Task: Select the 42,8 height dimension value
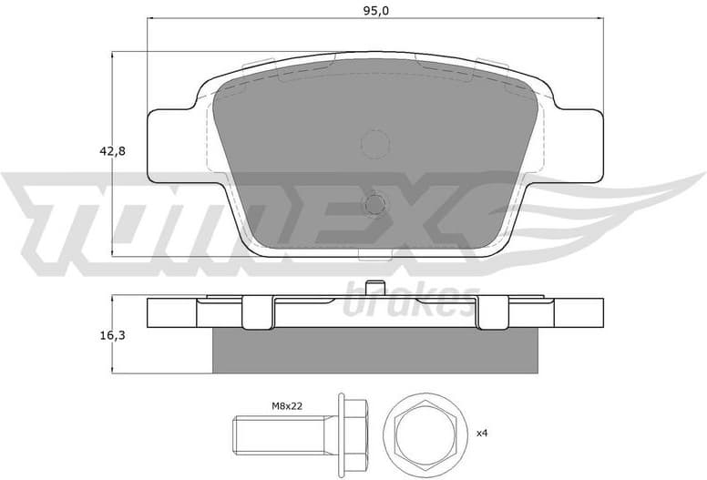tap(114, 152)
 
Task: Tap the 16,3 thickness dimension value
tap(114, 336)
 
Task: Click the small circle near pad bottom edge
tap(375, 204)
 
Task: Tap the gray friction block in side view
tap(375, 350)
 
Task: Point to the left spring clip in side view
tap(258, 312)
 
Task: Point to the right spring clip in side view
tap(493, 311)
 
